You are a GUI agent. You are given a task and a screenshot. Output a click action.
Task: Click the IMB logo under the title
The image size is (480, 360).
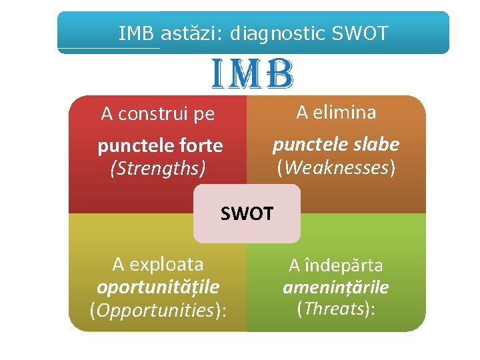(x=253, y=75)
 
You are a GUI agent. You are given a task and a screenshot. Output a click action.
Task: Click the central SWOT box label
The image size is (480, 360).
(x=247, y=214)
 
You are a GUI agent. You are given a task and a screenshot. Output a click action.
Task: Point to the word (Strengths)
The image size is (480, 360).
(x=157, y=169)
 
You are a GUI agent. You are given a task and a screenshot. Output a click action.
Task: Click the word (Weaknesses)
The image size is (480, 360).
(x=336, y=167)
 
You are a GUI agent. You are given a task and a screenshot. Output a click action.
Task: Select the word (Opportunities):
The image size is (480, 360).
(x=158, y=310)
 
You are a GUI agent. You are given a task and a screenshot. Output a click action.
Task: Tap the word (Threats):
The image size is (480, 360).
(x=336, y=308)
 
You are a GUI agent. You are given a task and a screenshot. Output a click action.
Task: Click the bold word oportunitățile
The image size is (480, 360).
(x=158, y=287)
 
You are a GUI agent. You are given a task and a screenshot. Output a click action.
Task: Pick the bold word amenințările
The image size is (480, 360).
(x=336, y=287)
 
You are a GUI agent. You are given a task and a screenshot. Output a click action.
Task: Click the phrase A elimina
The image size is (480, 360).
(x=336, y=113)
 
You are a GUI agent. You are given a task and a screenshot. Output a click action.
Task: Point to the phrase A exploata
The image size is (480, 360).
(x=158, y=265)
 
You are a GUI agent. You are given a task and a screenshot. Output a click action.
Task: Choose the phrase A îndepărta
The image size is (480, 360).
(x=336, y=266)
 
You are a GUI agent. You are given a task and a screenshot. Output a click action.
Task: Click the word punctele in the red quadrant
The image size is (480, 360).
(x=135, y=145)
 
